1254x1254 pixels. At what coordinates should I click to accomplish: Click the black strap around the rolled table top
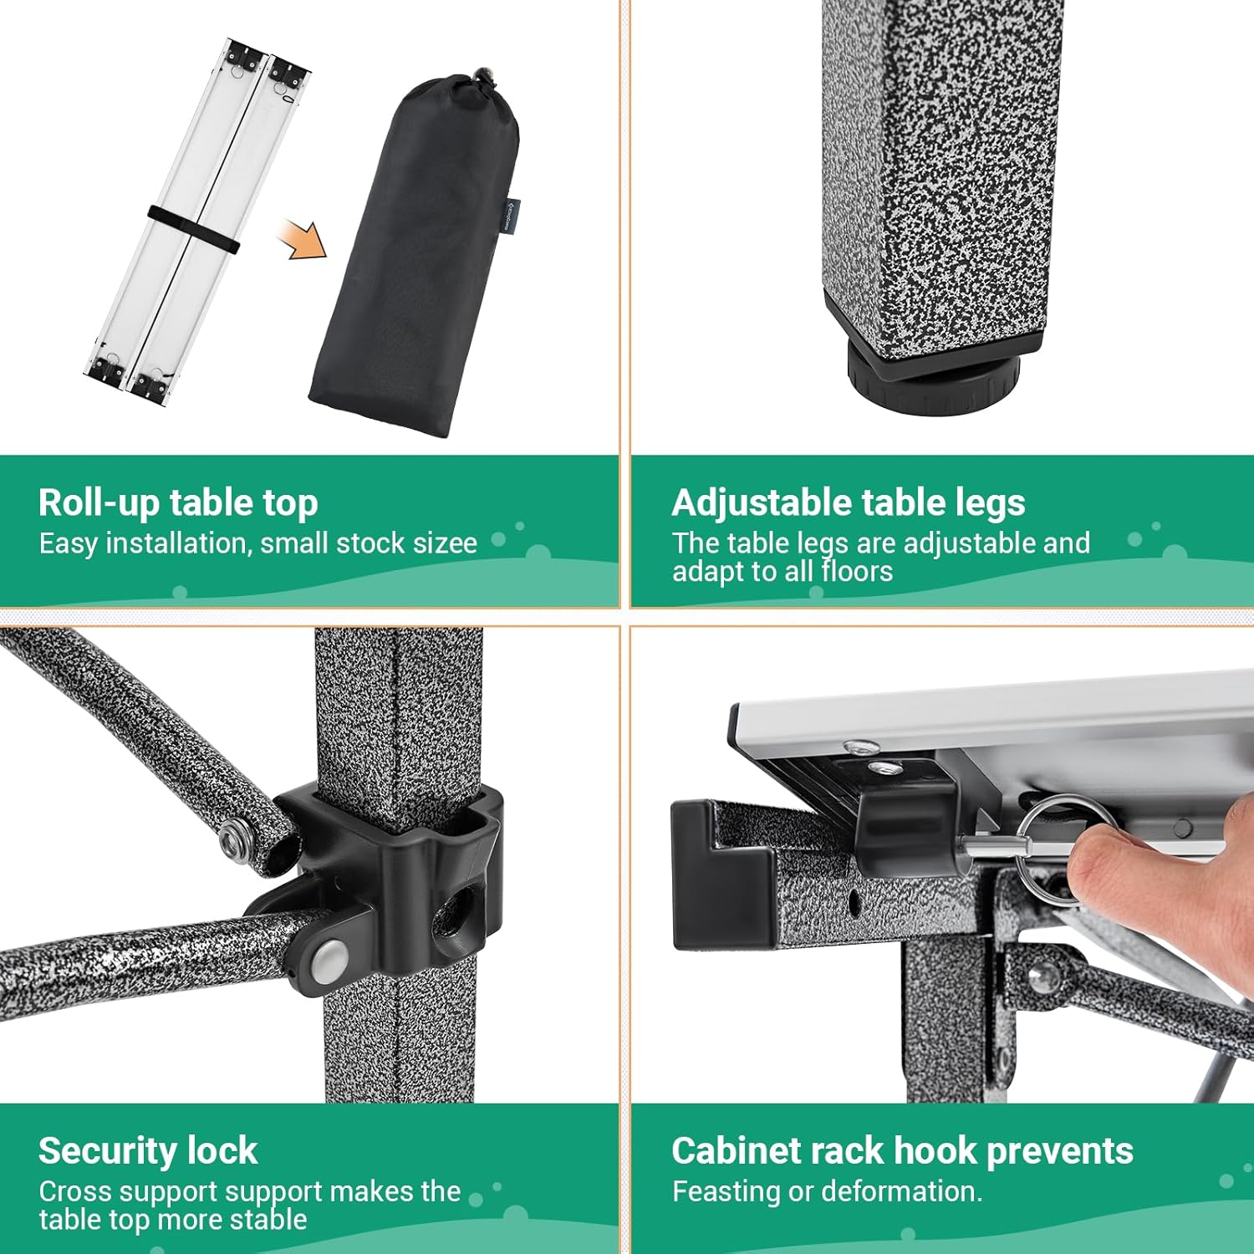coord(194,227)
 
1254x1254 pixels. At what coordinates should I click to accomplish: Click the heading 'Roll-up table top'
coord(178,502)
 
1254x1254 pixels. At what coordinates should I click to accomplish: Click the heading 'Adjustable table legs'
coord(849,502)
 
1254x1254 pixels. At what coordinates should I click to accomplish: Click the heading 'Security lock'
coord(148,1150)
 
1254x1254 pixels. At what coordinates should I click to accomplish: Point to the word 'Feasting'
coord(726,1192)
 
